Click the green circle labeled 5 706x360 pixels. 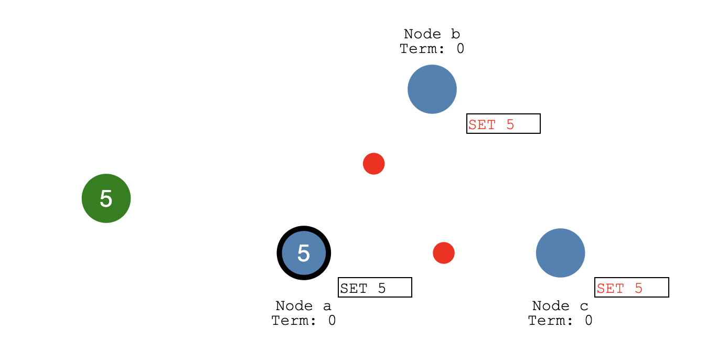(106, 198)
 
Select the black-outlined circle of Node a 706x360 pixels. (304, 253)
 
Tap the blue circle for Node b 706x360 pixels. (432, 89)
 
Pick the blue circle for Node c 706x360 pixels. (560, 253)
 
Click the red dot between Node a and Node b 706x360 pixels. (374, 164)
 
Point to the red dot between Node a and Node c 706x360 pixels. (444, 253)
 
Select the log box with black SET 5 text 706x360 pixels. (375, 287)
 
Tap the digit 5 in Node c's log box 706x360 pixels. (638, 288)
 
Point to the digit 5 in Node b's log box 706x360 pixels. (510, 125)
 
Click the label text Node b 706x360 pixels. (432, 35)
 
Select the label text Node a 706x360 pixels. (303, 306)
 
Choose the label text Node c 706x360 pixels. (560, 306)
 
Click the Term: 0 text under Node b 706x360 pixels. (432, 49)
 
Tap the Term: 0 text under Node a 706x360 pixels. (303, 321)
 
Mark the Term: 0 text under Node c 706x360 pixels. (560, 321)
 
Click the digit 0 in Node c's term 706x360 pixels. (589, 321)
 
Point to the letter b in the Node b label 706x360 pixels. (455, 35)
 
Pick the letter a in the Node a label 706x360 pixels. (327, 306)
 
